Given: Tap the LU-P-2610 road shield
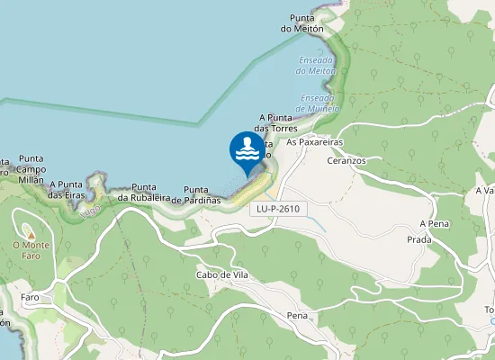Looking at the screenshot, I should pyautogui.click(x=277, y=209).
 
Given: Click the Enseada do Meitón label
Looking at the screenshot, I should pyautogui.click(x=316, y=65).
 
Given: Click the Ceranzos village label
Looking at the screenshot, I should pyautogui.click(x=348, y=159).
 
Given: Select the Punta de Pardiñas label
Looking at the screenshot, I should pyautogui.click(x=202, y=194).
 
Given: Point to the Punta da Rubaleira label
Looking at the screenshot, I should pyautogui.click(x=145, y=193).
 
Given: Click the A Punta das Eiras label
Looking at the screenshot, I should pyautogui.click(x=67, y=189).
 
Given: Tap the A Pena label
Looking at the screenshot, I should pyautogui.click(x=433, y=223).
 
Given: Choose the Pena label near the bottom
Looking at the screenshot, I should pyautogui.click(x=297, y=316).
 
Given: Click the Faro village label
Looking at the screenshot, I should pyautogui.click(x=29, y=297).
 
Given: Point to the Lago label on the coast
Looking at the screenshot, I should pyautogui.click(x=90, y=211).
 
